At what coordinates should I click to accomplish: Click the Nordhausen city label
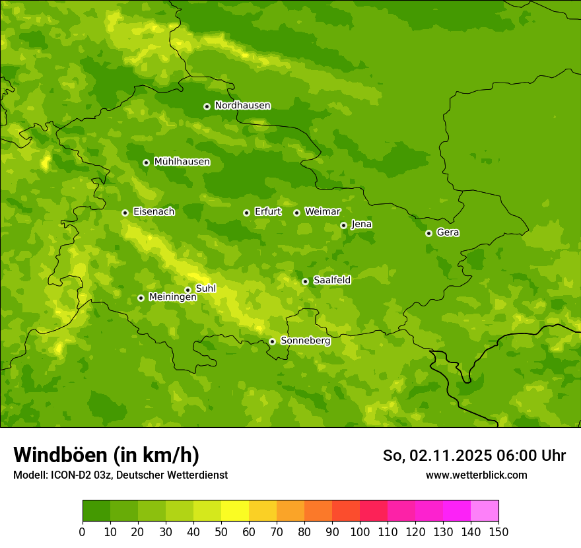pyautogui.click(x=242, y=106)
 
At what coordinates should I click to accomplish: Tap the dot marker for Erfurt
pyautogui.click(x=246, y=213)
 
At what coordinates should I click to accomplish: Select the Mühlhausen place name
pyautogui.click(x=182, y=162)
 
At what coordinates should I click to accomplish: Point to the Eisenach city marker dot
pyautogui.click(x=125, y=213)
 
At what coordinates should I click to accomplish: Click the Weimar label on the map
pyautogui.click(x=322, y=212)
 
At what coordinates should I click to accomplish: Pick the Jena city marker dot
pyautogui.click(x=343, y=225)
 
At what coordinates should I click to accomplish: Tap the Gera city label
pyautogui.click(x=448, y=232)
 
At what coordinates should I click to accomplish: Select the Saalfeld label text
pyautogui.click(x=331, y=281)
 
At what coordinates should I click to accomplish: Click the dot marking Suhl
pyautogui.click(x=188, y=290)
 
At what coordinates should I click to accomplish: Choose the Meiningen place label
pyautogui.click(x=172, y=297)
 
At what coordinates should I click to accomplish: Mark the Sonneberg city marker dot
pyautogui.click(x=272, y=341)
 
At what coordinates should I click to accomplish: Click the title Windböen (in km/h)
pyautogui.click(x=106, y=455)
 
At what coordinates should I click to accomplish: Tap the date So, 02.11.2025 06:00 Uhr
pyautogui.click(x=474, y=456)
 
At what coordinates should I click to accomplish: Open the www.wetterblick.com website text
pyautogui.click(x=476, y=475)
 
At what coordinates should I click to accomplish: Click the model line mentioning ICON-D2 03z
pyautogui.click(x=120, y=475)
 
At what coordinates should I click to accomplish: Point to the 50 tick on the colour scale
pyautogui.click(x=221, y=531)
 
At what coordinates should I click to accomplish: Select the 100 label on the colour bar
pyautogui.click(x=360, y=531)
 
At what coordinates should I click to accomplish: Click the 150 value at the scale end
pyautogui.click(x=498, y=531)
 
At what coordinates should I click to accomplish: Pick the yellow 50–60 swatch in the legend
pyautogui.click(x=235, y=510)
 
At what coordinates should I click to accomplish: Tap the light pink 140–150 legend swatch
pyautogui.click(x=485, y=510)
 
